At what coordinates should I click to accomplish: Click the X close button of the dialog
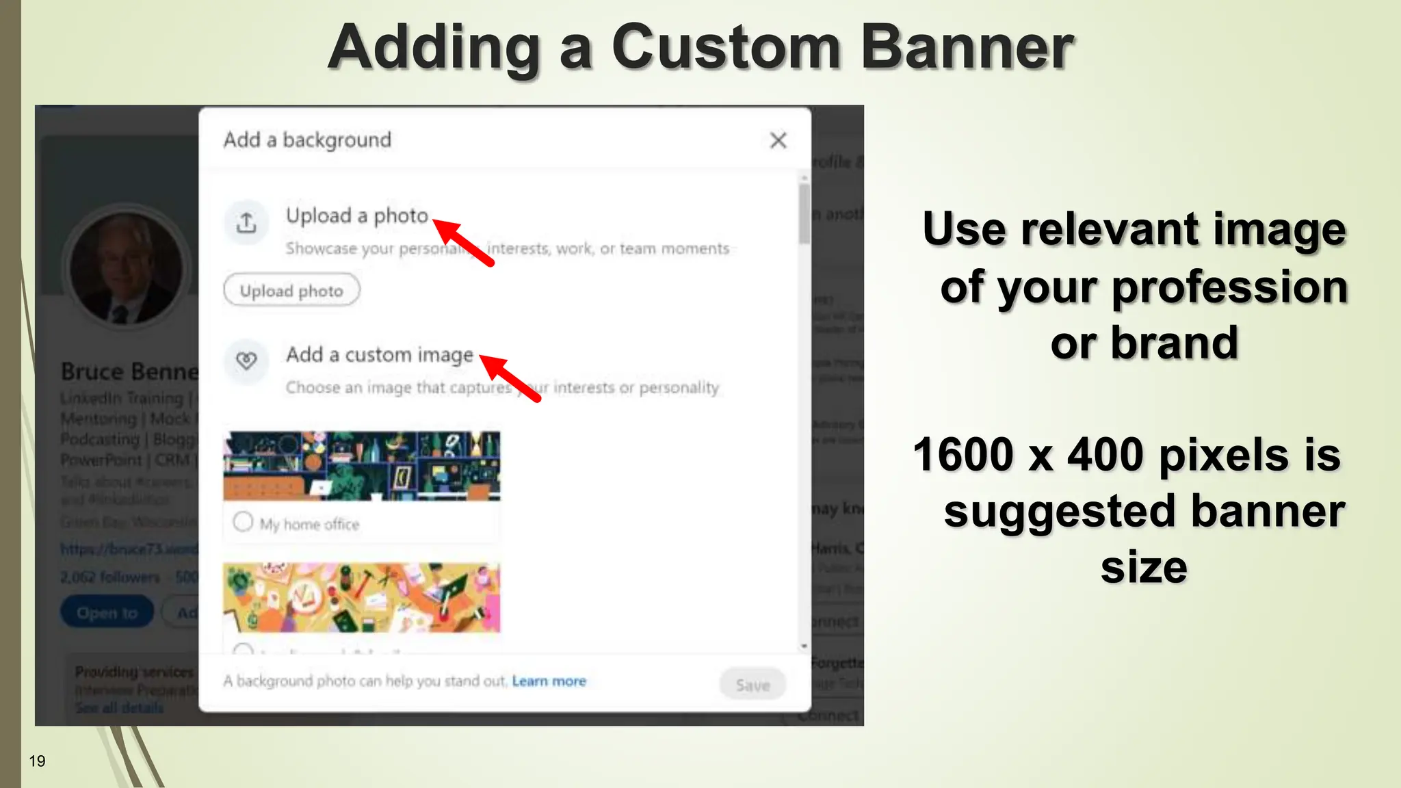(x=778, y=140)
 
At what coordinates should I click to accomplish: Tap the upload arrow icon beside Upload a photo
(x=246, y=222)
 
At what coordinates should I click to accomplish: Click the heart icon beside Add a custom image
(x=246, y=360)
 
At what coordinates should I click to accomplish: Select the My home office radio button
(x=243, y=522)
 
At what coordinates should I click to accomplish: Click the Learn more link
(x=549, y=681)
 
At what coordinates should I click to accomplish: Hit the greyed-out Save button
(x=752, y=685)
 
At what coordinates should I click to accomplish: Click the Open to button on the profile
(x=107, y=613)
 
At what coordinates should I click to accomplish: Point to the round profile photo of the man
(x=126, y=267)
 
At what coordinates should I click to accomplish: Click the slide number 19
(x=37, y=761)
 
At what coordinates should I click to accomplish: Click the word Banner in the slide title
(x=967, y=48)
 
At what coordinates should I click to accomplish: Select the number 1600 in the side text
(x=963, y=455)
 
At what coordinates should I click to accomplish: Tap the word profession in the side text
(x=1229, y=287)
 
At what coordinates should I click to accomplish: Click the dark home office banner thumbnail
(x=362, y=466)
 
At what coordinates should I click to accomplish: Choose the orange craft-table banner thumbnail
(x=362, y=598)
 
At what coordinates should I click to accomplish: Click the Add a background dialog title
(x=307, y=140)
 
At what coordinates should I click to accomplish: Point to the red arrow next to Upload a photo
(x=463, y=241)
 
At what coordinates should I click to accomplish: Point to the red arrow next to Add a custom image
(x=510, y=378)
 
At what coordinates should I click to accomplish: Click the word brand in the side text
(x=1174, y=343)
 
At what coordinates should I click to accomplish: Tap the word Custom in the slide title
(x=726, y=48)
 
